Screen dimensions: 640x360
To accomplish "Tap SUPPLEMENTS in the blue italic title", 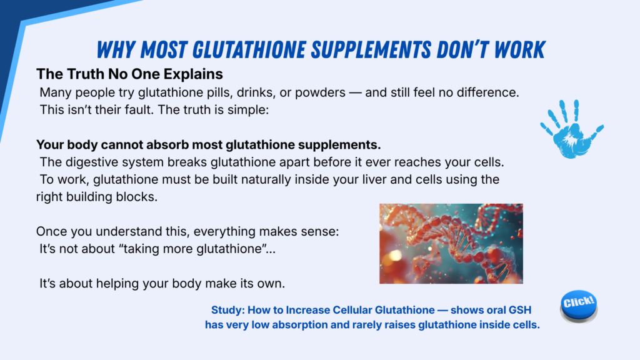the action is [371, 50].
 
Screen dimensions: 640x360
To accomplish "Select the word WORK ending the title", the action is [519, 50].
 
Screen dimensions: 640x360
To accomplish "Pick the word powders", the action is [321, 92].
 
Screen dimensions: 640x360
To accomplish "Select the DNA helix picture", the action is [451, 244].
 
